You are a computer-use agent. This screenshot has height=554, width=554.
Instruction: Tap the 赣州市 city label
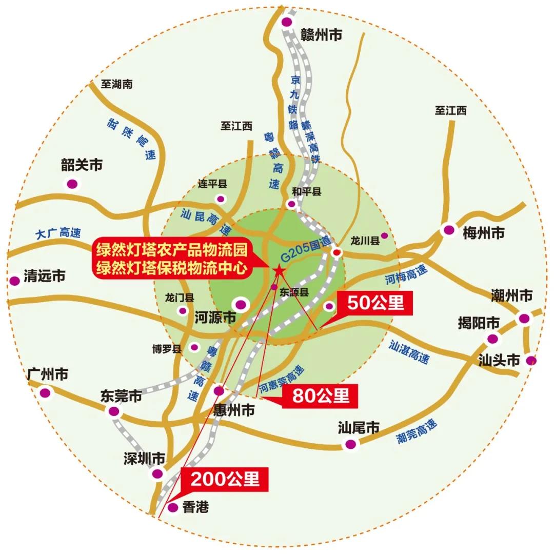321,35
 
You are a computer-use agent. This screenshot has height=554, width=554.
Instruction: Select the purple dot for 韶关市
72,183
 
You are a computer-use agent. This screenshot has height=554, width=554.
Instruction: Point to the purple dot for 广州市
46,393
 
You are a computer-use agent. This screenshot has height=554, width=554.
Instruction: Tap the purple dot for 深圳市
159,473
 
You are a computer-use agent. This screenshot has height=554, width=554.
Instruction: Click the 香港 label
196,507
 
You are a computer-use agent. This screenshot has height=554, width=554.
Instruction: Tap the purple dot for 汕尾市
350,444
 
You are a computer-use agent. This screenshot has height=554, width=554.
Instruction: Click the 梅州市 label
483,233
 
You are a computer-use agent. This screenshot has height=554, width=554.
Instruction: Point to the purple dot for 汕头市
531,361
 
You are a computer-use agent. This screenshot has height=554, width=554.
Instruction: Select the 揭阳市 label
479,323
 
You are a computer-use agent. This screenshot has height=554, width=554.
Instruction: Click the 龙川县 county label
364,240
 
